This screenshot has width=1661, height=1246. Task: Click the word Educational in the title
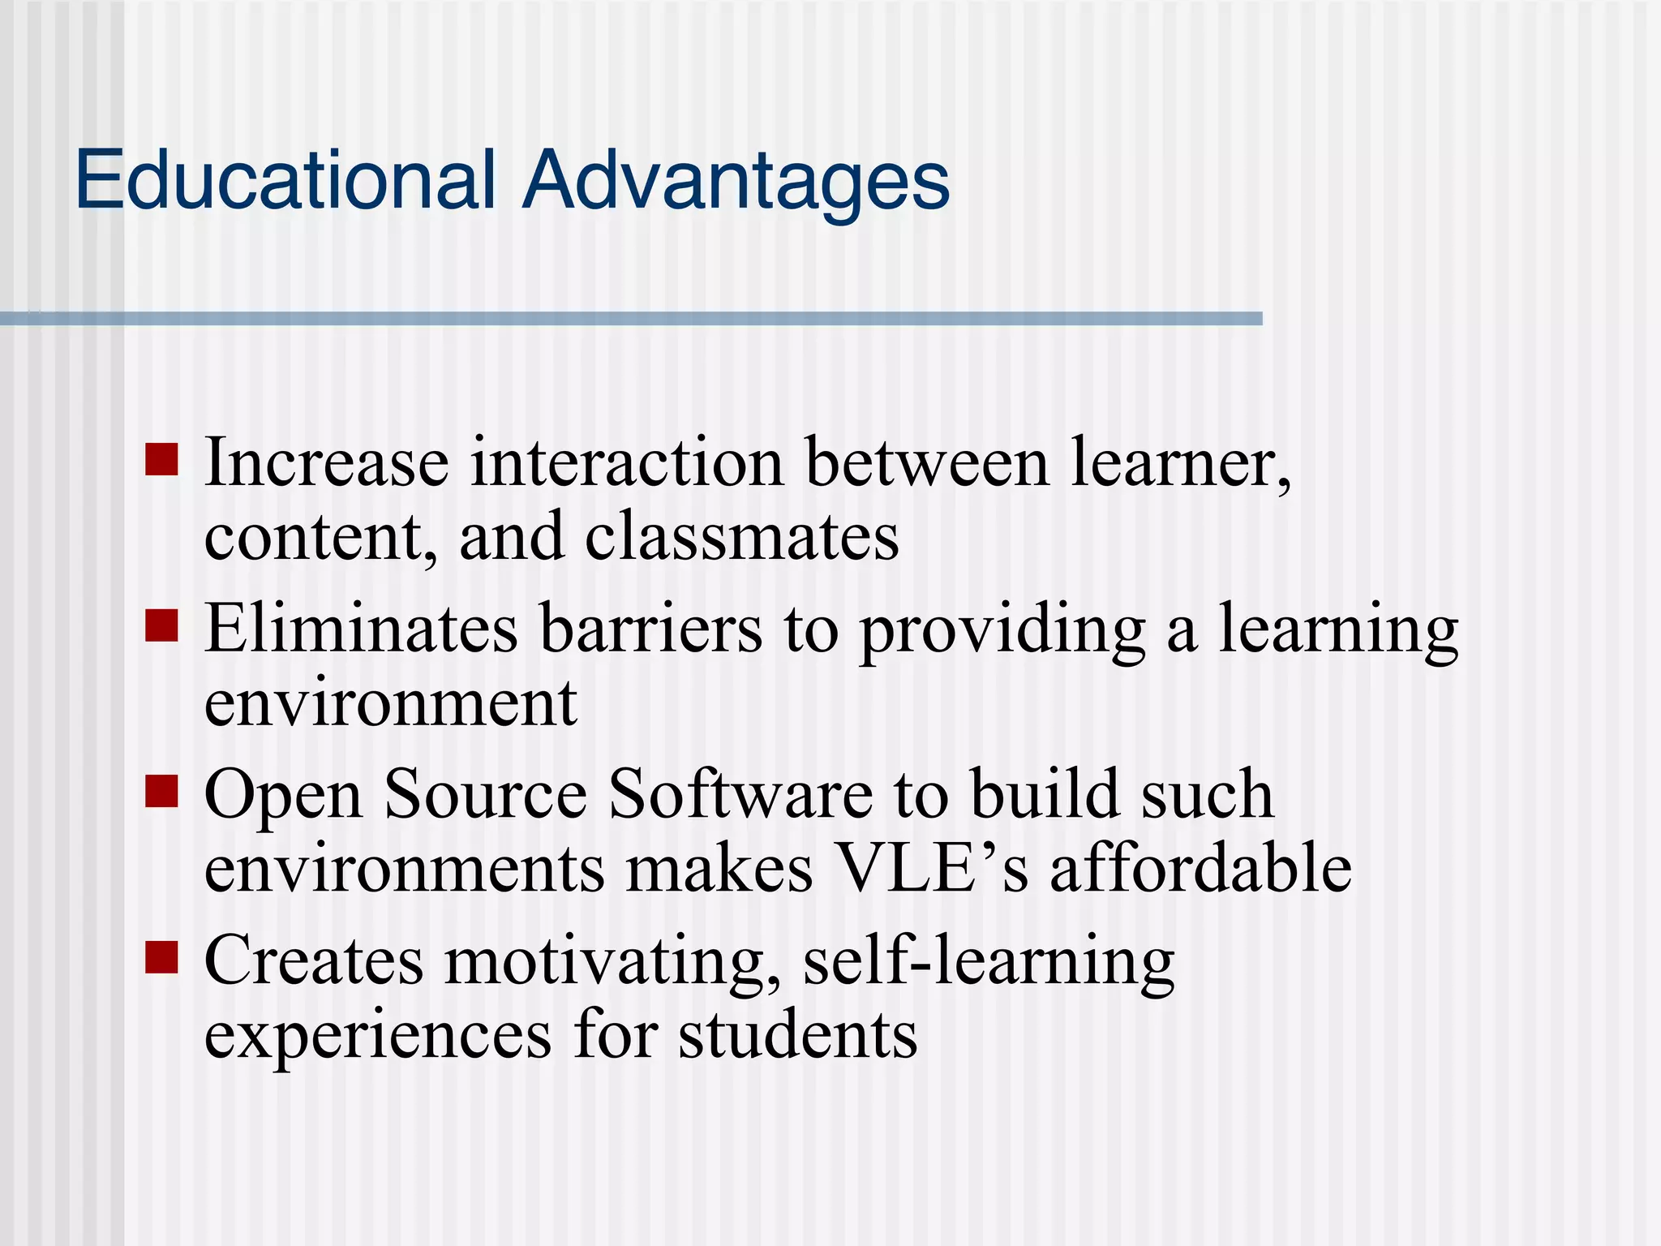285,179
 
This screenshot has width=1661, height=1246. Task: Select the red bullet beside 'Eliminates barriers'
161,625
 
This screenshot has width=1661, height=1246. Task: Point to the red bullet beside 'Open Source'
161,792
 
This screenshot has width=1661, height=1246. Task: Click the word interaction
627,462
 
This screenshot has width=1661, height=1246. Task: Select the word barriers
650,629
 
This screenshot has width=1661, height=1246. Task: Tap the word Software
740,794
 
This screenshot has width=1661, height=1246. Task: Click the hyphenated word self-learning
988,962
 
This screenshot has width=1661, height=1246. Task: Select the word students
797,1036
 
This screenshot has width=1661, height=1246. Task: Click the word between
927,462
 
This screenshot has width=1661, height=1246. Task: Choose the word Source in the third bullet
485,794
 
